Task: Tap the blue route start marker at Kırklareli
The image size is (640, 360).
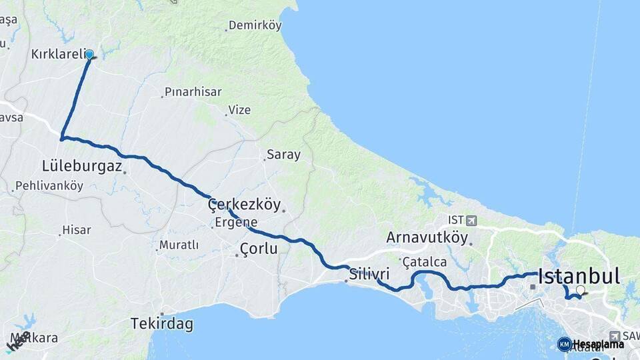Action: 89,55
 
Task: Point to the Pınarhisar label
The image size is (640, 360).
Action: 193,92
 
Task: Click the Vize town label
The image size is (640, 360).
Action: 239,110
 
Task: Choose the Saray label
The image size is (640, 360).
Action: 283,155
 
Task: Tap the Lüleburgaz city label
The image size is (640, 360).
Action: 81,166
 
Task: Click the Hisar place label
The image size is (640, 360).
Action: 76,230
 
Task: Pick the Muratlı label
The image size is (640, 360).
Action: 179,245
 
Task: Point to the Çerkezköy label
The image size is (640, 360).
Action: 244,205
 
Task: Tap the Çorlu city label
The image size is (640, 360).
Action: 258,249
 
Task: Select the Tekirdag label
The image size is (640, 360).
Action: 161,325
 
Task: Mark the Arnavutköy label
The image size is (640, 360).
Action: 427,237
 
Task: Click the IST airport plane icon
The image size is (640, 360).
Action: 472,220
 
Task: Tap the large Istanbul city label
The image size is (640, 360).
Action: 579,276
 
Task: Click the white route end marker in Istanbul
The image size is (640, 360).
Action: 581,290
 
